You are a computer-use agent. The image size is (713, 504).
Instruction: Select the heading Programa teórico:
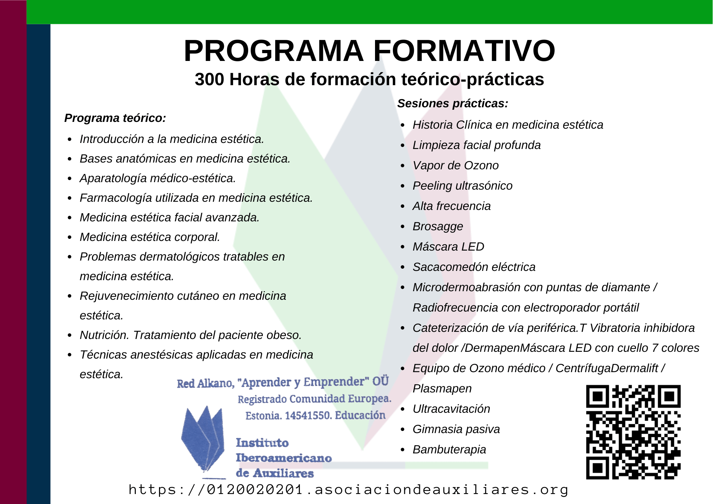pyautogui.click(x=115, y=118)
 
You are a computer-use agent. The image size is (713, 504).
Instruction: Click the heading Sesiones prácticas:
pyautogui.click(x=453, y=103)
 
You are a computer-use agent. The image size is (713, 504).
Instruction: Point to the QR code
pyautogui.click(x=634, y=432)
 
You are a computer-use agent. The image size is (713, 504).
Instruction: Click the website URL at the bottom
pyautogui.click(x=348, y=490)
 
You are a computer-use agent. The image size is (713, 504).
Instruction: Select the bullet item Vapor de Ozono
pyautogui.click(x=456, y=165)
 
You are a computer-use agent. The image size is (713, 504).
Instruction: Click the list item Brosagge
pyautogui.click(x=438, y=227)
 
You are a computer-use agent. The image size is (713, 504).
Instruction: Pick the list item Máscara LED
pyautogui.click(x=448, y=247)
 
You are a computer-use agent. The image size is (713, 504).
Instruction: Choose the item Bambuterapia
pyautogui.click(x=449, y=449)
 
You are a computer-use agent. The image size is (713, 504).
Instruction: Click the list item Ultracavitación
pyautogui.click(x=451, y=409)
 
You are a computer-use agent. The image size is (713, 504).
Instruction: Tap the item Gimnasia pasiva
pyautogui.click(x=456, y=429)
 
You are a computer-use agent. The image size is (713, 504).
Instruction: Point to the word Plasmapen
pyautogui.click(x=442, y=389)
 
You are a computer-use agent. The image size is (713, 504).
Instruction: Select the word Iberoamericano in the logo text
pyautogui.click(x=284, y=458)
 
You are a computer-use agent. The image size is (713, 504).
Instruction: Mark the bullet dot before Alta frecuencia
pyautogui.click(x=402, y=206)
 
